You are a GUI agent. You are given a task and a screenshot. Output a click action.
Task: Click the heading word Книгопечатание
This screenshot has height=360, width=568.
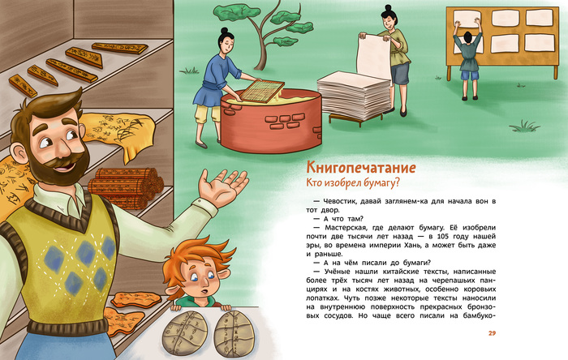coord(361,168)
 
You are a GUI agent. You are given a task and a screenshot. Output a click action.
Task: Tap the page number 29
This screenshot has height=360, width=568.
coord(492,333)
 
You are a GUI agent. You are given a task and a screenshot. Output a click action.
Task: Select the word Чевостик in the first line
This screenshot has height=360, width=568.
coord(337,202)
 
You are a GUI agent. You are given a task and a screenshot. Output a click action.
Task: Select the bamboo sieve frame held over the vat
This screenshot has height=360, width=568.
coord(262,91)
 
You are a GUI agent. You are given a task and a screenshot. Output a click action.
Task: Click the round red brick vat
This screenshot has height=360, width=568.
coord(271,121)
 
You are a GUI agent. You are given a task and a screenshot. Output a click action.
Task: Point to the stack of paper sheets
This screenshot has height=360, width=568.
coord(348,96)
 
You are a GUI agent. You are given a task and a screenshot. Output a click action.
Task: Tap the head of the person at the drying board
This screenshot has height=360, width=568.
coord(468,36)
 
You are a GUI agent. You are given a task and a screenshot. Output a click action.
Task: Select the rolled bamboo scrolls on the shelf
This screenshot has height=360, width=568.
coord(125,187)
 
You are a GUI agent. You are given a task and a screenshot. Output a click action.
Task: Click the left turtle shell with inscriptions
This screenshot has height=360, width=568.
coord(184,333)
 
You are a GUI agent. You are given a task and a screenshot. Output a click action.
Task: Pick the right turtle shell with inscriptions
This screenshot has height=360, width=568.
coord(234,333)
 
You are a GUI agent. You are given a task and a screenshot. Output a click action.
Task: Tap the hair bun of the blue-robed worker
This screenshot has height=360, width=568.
coord(224,30)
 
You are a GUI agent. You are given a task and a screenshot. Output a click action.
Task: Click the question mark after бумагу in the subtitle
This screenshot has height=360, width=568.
coord(396,182)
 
